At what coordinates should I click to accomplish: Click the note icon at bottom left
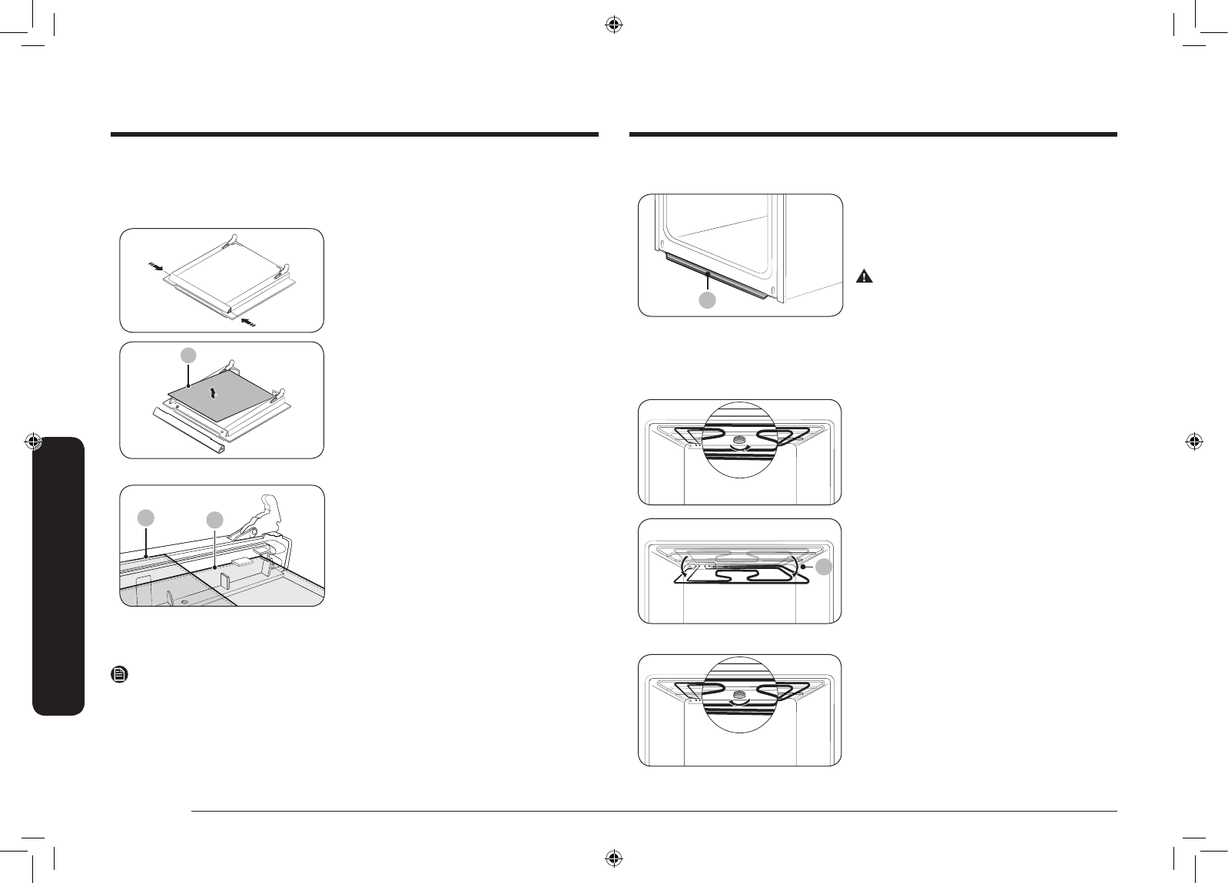[121, 675]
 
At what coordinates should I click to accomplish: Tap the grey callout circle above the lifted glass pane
[188, 355]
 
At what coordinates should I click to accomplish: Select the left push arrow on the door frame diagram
[155, 268]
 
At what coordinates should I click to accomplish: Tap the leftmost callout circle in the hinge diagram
[146, 518]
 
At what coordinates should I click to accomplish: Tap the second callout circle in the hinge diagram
[214, 520]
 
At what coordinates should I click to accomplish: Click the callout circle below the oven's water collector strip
[707, 301]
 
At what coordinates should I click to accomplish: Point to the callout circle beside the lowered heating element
[823, 567]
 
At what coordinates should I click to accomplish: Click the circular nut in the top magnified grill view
[742, 440]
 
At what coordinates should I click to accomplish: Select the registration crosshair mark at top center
[613, 26]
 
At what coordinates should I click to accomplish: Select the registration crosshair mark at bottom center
[613, 857]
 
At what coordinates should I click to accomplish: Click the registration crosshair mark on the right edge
[1193, 441]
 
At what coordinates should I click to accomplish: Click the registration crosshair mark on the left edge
[33, 441]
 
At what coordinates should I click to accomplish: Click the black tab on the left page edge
[58, 576]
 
